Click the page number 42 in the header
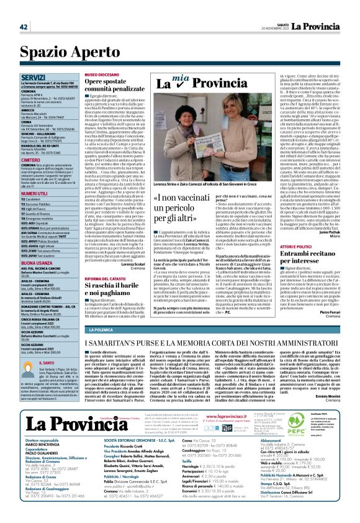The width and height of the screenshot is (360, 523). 23,26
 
